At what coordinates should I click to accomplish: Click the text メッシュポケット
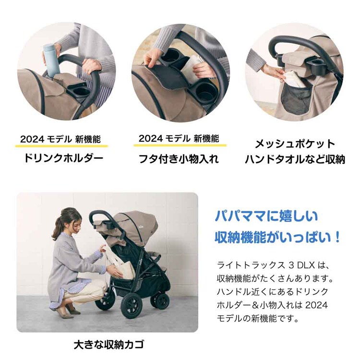[x=295, y=144]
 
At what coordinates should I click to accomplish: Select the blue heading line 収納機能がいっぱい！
[x=278, y=237]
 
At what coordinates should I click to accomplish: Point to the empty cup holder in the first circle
[x=79, y=90]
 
